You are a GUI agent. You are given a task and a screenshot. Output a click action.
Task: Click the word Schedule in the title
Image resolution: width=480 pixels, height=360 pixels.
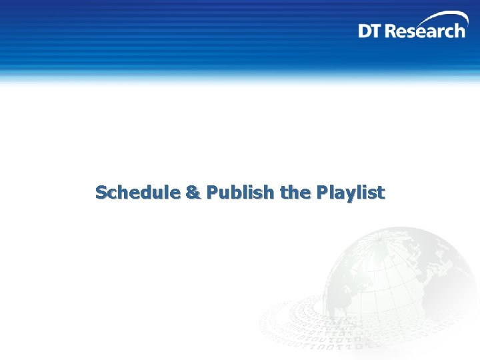tap(137, 193)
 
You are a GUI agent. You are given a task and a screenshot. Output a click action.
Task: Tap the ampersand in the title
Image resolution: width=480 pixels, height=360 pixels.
tap(192, 193)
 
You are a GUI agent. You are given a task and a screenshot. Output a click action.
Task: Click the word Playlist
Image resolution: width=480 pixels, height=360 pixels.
tap(351, 193)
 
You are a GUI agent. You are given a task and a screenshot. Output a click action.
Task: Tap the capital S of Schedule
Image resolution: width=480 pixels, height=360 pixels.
tap(101, 193)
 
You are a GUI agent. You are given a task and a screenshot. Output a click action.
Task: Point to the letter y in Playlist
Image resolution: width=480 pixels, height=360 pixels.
tap(354, 195)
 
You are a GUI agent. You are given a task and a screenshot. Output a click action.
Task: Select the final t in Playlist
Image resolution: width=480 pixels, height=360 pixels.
tap(381, 193)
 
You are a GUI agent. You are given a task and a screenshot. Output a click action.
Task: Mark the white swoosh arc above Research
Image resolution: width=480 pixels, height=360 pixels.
tap(437, 17)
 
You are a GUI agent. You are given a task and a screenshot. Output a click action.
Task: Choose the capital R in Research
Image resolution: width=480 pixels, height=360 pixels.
tap(393, 31)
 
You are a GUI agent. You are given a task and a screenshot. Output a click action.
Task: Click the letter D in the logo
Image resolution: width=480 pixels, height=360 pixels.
tap(365, 31)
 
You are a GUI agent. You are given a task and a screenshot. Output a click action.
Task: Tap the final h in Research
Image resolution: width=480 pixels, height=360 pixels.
tap(459, 31)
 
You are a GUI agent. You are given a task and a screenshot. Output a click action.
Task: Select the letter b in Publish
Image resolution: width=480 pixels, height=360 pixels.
tap(237, 193)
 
